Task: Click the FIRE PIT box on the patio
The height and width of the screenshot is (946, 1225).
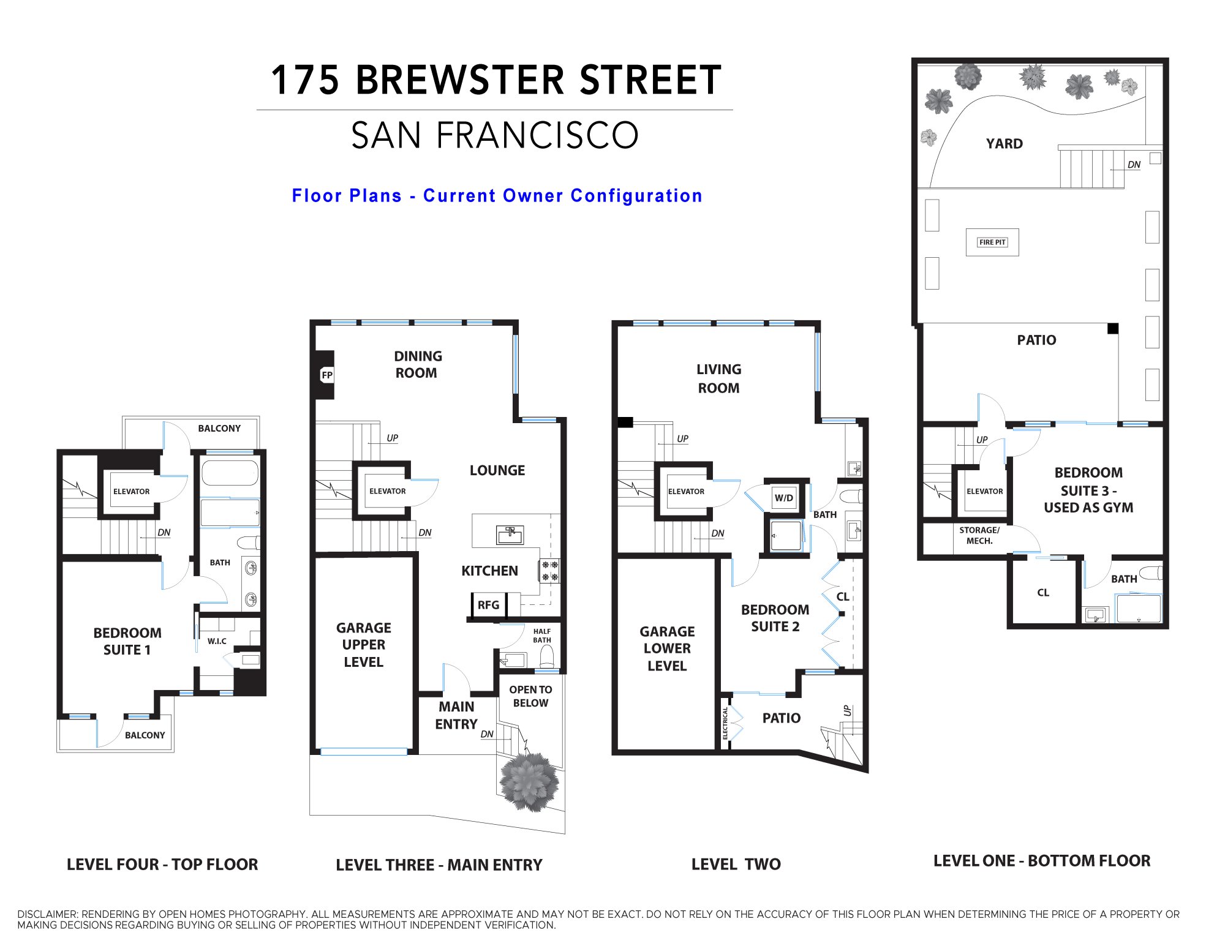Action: pos(992,242)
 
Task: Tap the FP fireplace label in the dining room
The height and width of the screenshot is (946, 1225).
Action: pos(327,375)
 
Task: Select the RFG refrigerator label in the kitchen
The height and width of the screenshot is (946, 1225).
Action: pos(488,605)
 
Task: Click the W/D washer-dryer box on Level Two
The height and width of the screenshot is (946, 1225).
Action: pos(784,497)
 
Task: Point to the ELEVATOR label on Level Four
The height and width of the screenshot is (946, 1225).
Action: pos(131,492)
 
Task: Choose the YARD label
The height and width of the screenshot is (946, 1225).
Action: pos(1005,144)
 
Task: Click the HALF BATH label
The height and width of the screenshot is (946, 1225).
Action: pos(542,636)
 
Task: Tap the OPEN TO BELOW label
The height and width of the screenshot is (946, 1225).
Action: pos(530,696)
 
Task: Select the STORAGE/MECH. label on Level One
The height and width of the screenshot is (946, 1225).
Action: pos(979,535)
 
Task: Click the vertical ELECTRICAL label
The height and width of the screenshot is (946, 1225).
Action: pos(725,723)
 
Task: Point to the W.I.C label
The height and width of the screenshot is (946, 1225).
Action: pos(217,641)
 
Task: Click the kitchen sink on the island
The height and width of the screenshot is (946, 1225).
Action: pos(510,535)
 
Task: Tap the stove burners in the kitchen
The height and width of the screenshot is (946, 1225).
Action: pos(549,571)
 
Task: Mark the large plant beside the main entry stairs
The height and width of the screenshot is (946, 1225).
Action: pos(529,782)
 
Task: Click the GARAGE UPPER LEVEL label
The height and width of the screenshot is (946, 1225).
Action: pos(364,645)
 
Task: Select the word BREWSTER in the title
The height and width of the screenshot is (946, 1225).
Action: pos(460,80)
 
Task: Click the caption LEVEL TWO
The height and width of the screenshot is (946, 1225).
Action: pos(736,864)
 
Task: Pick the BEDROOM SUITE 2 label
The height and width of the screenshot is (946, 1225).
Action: pos(775,618)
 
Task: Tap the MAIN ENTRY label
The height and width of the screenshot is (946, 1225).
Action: pos(456,715)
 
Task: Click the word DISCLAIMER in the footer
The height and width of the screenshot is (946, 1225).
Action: pos(48,914)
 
